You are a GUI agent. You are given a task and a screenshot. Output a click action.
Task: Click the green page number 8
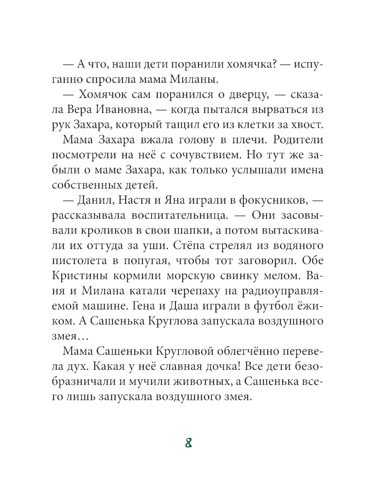tap(189, 443)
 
